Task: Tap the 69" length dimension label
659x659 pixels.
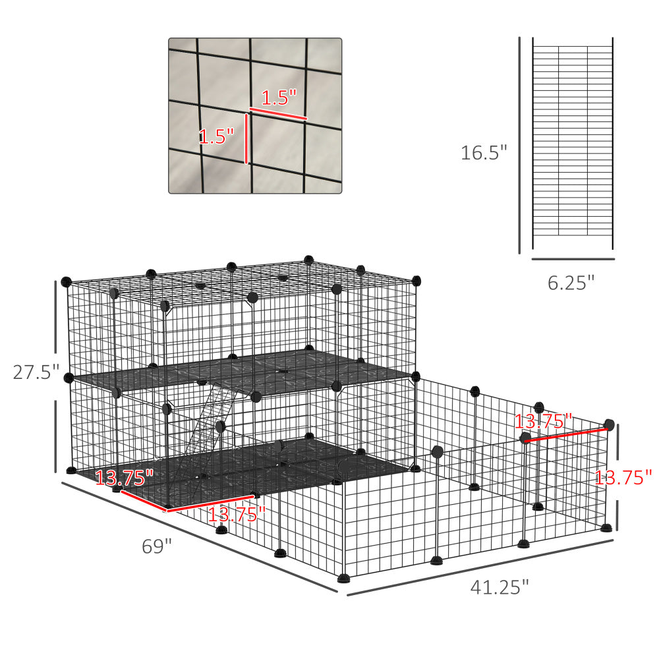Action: [x=157, y=546]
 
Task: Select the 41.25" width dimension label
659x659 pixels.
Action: [x=500, y=587]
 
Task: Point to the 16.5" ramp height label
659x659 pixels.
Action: [x=484, y=153]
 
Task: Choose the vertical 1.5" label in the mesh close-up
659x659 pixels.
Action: [x=216, y=136]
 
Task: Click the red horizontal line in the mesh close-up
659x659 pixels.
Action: [x=277, y=113]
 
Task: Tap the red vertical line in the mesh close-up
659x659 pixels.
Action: [x=246, y=138]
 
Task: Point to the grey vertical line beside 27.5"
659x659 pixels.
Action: [x=55, y=376]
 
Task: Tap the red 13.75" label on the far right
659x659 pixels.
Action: [x=623, y=477]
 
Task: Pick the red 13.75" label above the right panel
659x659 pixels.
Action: [x=543, y=420]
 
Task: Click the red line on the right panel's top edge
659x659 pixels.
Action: [x=567, y=436]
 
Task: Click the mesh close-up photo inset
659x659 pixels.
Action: [x=255, y=115]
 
